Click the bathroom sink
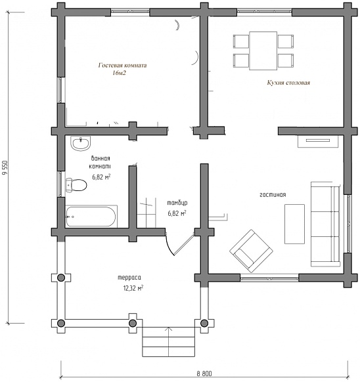coord(81,143)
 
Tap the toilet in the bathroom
coord(76,185)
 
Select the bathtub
coord(91,217)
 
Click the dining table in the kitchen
coord(263,51)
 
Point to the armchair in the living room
coord(251,251)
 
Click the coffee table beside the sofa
coord(294,224)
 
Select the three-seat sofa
coord(325,224)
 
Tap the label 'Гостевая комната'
coord(122,65)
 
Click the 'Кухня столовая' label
coord(288,83)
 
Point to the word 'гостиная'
coord(273,195)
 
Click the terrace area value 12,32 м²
coord(133,288)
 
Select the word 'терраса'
coord(129,278)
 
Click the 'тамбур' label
coord(177,203)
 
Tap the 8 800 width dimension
coord(204,373)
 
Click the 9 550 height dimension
coord(4,167)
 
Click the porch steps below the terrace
coord(169,342)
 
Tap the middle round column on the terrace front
coord(133,324)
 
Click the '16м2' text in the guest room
coord(120,73)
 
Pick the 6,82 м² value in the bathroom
coord(101,177)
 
